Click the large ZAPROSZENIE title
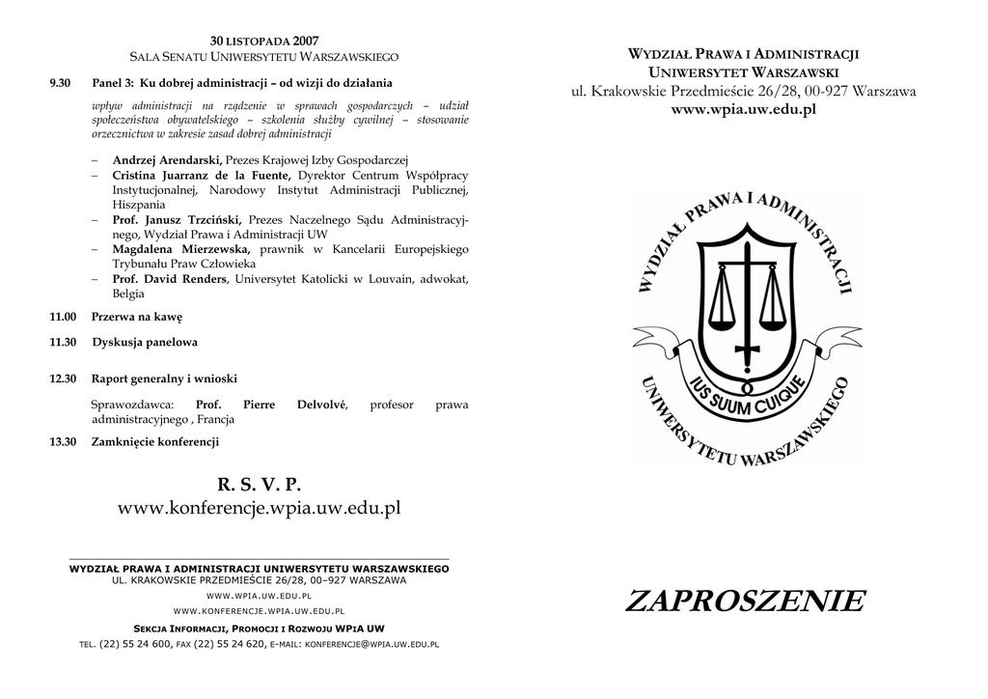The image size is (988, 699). coord(745,601)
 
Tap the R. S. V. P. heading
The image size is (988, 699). coord(259,484)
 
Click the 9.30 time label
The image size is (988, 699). coord(60,83)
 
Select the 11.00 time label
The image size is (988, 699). coord(63,317)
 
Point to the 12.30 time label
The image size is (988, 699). coord(63,378)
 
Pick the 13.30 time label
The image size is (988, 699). coord(63,441)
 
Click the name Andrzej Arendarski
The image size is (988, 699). coord(167,159)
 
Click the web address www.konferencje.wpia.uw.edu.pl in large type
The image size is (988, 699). coord(259,508)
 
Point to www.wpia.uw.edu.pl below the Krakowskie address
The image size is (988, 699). coord(743,109)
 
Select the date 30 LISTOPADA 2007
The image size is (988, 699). coord(263,42)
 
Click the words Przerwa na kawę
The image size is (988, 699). coord(137,317)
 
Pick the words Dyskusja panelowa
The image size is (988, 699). coord(145,342)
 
